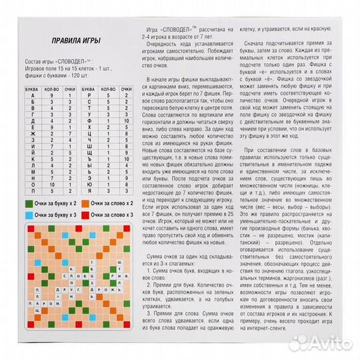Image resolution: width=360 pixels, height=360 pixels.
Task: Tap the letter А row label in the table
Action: click(32, 95)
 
